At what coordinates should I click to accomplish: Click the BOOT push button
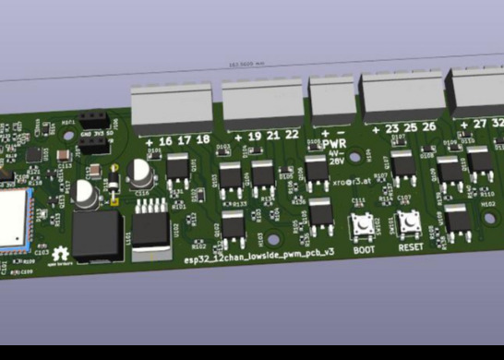tap(361, 224)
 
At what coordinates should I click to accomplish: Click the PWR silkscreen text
tap(334, 145)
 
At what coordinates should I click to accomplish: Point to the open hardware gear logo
tap(62, 255)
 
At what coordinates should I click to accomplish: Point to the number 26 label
tap(428, 127)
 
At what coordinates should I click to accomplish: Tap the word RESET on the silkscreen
tap(411, 247)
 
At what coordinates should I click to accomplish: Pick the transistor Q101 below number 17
tap(177, 168)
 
